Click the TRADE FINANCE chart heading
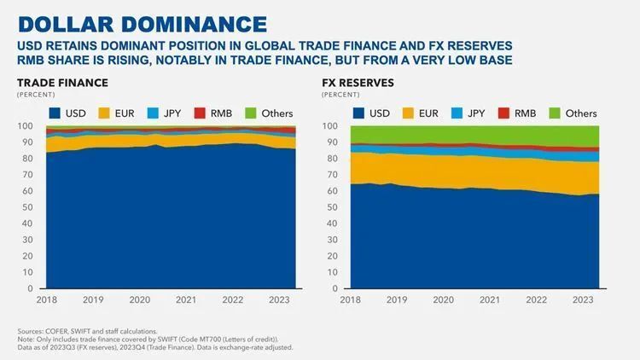(x=62, y=83)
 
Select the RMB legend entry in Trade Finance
(x=212, y=113)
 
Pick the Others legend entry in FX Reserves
(x=571, y=113)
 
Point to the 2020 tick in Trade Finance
(x=141, y=300)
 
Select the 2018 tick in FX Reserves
(x=350, y=300)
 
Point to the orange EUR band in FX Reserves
(x=469, y=168)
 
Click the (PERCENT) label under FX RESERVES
(x=340, y=95)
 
